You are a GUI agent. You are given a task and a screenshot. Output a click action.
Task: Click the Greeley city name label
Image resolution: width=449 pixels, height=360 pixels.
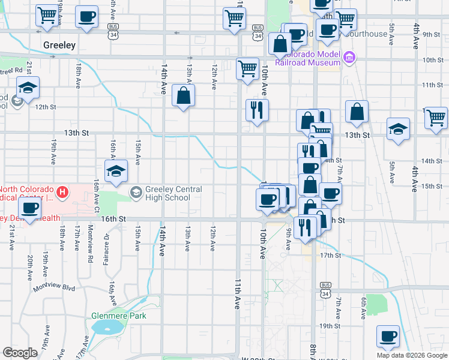pyautogui.click(x=59, y=45)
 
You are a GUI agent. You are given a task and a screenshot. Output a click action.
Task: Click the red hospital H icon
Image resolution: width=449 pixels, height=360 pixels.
pyautogui.click(x=64, y=193)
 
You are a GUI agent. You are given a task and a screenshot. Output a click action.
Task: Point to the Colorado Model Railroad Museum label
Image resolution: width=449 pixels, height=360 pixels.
pyautogui.click(x=309, y=58)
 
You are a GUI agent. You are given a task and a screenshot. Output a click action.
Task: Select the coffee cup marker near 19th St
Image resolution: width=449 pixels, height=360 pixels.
pyautogui.click(x=388, y=336)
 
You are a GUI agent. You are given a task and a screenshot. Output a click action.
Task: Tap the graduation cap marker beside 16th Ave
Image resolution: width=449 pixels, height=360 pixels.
pyautogui.click(x=116, y=171)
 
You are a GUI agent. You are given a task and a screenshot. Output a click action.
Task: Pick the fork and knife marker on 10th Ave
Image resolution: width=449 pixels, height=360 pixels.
pyautogui.click(x=257, y=110)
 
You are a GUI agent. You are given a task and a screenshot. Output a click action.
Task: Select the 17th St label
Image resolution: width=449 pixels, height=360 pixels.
pyautogui.click(x=330, y=255)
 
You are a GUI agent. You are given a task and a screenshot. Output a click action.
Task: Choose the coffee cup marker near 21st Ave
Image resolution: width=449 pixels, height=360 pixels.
pyautogui.click(x=29, y=209)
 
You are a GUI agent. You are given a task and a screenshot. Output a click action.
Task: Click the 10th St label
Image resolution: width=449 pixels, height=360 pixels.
pyautogui.click(x=432, y=60)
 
